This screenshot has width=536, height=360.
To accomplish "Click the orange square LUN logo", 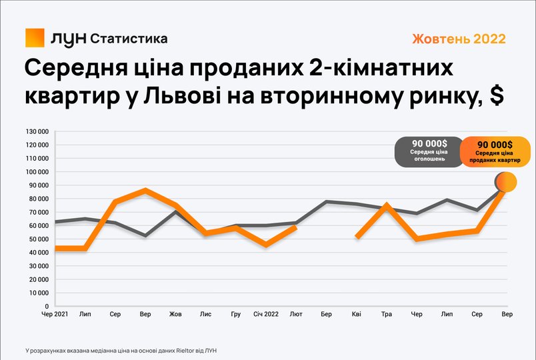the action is (x=35, y=37).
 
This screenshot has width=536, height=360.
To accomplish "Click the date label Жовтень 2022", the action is (x=459, y=39).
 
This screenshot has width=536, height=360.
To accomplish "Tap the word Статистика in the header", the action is (x=129, y=39).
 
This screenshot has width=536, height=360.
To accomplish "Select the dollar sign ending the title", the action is (x=497, y=96).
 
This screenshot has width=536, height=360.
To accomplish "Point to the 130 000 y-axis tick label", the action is (x=37, y=131).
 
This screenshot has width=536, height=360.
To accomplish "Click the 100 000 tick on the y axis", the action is (x=37, y=172).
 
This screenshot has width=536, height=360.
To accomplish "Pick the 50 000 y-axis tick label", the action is (x=39, y=239).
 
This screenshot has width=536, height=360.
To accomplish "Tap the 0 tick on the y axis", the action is (x=47, y=307).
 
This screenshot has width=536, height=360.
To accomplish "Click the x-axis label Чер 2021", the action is (x=55, y=314).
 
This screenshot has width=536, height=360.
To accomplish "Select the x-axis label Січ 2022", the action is (x=266, y=314).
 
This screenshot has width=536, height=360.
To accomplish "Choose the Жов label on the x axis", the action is (x=175, y=314).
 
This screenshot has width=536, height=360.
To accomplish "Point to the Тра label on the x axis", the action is (x=386, y=314).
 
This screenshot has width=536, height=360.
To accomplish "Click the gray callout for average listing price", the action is (x=429, y=152).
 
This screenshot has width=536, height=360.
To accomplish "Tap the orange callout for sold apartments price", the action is (x=495, y=152).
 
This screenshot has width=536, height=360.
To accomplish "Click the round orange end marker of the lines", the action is (x=506, y=182).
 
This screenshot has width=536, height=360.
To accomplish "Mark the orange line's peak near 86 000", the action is (x=145, y=191).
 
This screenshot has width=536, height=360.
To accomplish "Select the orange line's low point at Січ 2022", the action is (x=266, y=245).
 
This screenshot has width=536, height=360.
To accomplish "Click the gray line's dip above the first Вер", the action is (x=145, y=235).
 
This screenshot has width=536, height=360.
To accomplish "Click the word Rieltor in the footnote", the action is (x=184, y=351).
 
